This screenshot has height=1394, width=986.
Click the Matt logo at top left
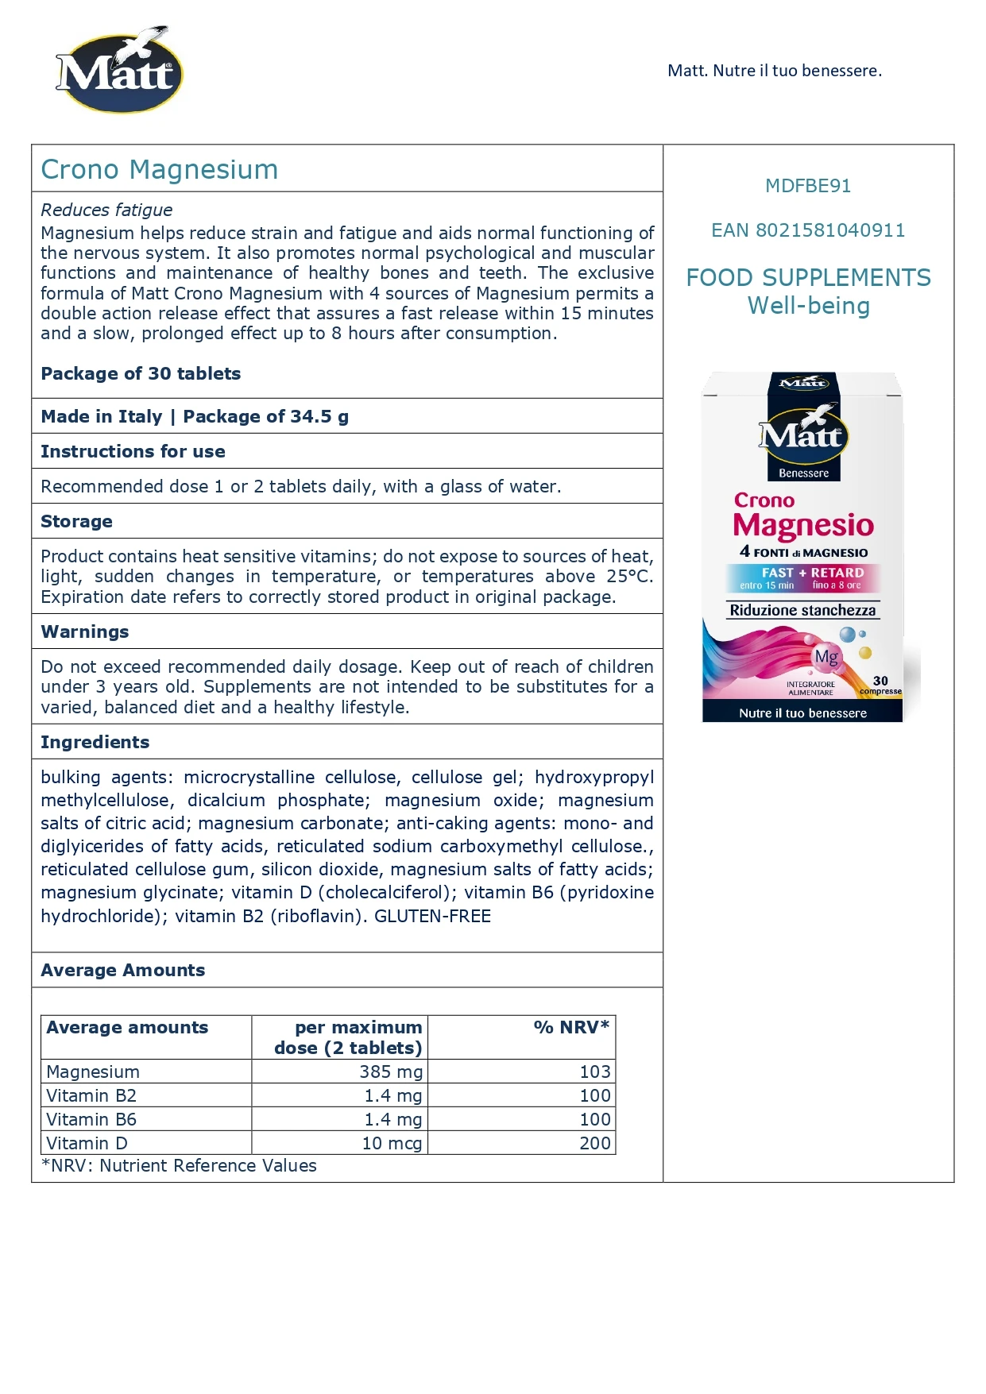coord(119,71)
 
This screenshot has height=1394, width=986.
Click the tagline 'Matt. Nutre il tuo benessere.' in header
coord(774,71)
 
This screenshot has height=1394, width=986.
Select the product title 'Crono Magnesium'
coord(160,169)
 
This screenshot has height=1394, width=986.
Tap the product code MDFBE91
coord(808,186)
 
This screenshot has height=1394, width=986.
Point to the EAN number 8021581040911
coord(808,230)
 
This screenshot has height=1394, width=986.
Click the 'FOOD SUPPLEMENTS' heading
coord(808,278)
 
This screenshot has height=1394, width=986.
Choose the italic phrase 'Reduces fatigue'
coord(106,210)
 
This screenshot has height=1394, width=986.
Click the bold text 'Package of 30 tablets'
coord(141,373)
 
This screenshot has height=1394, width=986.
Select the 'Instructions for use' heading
coord(133,451)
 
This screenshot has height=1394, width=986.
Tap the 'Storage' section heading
coord(76,521)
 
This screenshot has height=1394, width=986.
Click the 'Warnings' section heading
coord(84,631)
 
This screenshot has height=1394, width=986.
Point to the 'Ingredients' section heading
coord(95,742)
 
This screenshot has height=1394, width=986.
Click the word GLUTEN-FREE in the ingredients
coord(432,916)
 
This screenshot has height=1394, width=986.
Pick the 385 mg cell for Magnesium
coord(391,1072)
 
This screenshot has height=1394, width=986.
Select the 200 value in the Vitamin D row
coord(594,1143)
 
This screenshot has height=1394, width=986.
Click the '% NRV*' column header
coord(571,1027)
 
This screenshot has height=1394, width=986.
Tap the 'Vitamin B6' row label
coord(91,1119)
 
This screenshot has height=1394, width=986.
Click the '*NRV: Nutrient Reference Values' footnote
coord(179,1165)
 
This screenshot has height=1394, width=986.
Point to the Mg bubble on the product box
coord(826,657)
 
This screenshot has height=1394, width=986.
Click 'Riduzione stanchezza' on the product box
coord(802,610)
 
